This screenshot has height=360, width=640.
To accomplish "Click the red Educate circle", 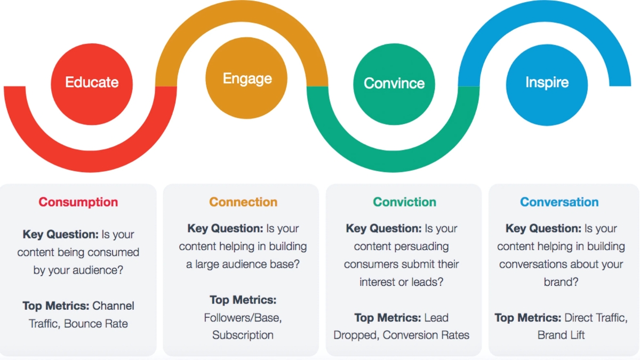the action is coord(92,84).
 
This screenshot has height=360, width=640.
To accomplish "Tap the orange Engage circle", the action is coord(246,78).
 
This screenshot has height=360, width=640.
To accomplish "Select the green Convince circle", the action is coord(394,84).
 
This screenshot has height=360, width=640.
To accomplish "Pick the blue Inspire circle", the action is coord(547,85).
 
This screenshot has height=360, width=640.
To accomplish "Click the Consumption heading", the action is coord(78,202).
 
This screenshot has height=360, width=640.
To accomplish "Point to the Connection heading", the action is coord(243,202).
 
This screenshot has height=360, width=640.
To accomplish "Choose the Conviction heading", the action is coord(405,202).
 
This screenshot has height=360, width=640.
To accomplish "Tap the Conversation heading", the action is coord(559,202).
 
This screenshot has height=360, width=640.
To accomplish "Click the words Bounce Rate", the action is coord(95,324).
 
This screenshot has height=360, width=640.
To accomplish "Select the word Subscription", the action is coord(243,335).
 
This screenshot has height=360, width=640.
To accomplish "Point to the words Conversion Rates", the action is coord(426,335).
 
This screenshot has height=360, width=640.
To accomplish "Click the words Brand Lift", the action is coord(561,335).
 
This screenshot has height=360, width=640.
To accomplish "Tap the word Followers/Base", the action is coord(243,318).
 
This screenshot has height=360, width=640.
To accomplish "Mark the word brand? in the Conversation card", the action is coord(561,282).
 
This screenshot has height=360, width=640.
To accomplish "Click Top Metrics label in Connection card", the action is coord(243,300).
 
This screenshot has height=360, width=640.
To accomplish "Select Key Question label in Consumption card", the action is coord(61,234).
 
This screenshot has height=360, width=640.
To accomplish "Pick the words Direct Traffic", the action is coord(596,318).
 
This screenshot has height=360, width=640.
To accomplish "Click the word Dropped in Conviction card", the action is coord(356,335).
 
